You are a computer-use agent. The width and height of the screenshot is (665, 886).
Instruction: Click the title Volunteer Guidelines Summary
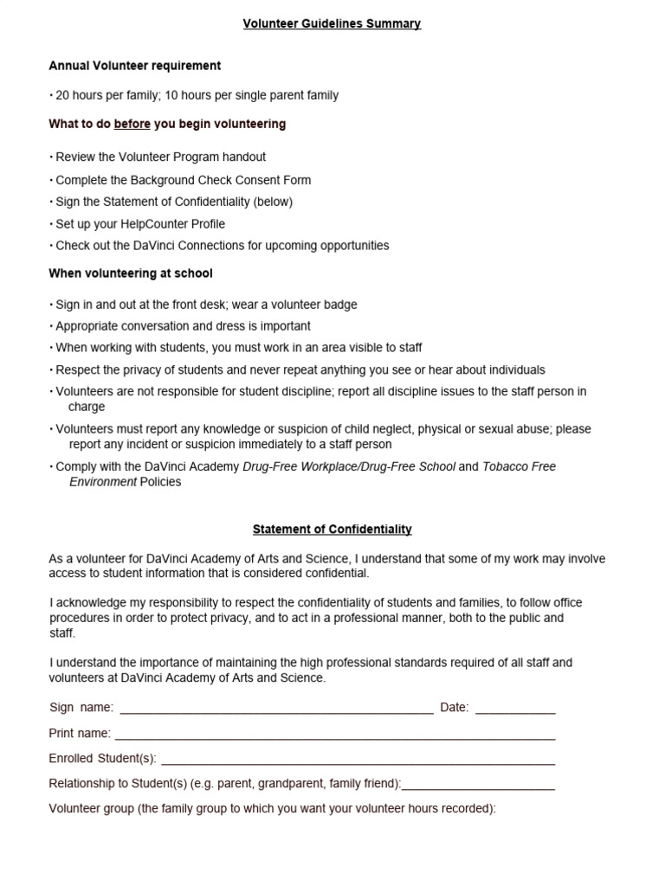coord(332,23)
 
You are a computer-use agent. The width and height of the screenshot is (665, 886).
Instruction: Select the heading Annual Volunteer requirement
coord(134,66)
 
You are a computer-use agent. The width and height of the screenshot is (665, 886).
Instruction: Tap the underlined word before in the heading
coord(132,124)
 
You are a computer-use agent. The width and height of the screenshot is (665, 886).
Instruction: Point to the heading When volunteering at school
coord(131,273)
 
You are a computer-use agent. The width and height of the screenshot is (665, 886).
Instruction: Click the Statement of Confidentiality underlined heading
coord(332,529)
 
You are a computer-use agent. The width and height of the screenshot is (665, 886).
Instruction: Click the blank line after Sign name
coord(276,710)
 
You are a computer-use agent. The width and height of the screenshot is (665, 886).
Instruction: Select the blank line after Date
coord(515,710)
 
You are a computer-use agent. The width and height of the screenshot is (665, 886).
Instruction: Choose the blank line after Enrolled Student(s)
coord(358,761)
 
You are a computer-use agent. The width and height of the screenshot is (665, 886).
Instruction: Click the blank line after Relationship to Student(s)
coord(478,786)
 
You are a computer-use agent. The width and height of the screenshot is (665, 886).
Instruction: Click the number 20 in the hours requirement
coord(62,95)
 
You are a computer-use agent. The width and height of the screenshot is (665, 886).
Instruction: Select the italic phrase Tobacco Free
coord(519,466)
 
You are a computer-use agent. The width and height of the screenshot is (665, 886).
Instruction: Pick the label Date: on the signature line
coord(454,708)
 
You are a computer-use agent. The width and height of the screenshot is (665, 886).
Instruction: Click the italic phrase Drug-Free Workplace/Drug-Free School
coord(349,466)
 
